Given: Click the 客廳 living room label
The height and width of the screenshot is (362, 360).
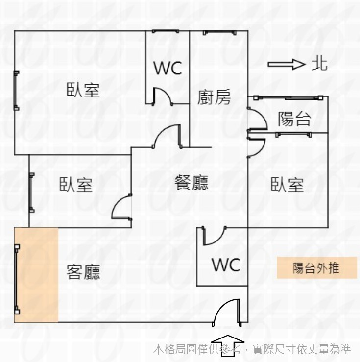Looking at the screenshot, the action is coord(83,272).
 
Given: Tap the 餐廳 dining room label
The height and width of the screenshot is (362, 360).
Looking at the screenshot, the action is coord(192,182).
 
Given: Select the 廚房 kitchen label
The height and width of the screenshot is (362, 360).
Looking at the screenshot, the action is coord(214,97).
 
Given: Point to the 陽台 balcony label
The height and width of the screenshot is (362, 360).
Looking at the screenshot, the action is coord(294,119).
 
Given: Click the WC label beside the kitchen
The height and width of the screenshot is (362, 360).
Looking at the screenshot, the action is coord(168,68).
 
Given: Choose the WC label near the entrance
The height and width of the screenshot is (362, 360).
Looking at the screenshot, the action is coord(226,265).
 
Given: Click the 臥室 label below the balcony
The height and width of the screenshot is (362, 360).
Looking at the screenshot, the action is coord(287,184).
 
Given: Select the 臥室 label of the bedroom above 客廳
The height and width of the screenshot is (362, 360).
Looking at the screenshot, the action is coord(76,184).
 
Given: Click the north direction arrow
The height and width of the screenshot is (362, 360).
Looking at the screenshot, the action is coord(286,64).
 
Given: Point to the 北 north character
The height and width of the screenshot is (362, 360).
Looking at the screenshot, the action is coord(320,64).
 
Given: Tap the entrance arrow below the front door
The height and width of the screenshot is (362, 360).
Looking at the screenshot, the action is coord(228,346).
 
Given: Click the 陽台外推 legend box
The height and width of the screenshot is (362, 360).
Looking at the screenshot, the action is coord(316,267).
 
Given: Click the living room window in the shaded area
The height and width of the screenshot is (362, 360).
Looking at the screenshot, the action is coord(17,279).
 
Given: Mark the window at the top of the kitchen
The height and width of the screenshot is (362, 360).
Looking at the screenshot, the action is coord(219,32).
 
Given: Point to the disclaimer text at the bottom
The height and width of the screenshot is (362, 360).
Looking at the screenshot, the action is coord(252,349).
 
